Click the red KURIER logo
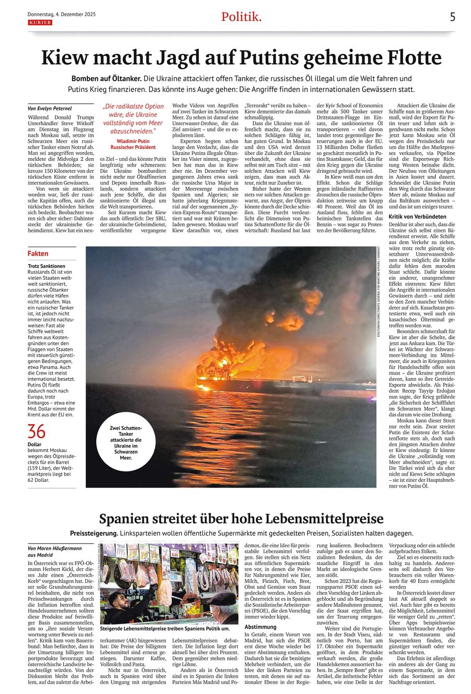(40, 23)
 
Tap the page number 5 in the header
(452, 17)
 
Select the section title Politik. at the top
(241, 17)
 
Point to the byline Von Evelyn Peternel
(50, 108)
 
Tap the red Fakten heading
(38, 254)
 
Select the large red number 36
(37, 432)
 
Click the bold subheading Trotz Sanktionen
(47, 266)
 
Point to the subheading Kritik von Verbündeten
(418, 216)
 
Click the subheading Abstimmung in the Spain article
(261, 626)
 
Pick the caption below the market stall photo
(165, 628)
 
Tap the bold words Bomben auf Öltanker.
(107, 79)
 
